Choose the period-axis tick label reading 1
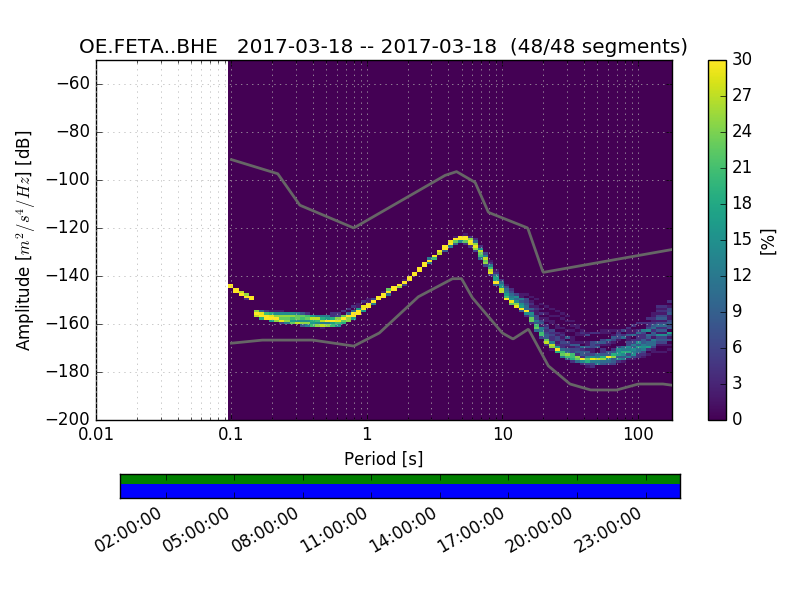coord(366,436)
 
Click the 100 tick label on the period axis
coord(638,436)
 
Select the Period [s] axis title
coord(384,459)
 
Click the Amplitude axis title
coord(24,240)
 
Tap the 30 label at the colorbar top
coord(742,60)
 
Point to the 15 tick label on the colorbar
coord(742,240)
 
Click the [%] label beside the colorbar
coord(768,240)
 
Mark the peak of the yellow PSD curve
coord(462,238)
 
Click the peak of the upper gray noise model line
coord(457,171)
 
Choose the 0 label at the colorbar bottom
coord(738,420)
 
